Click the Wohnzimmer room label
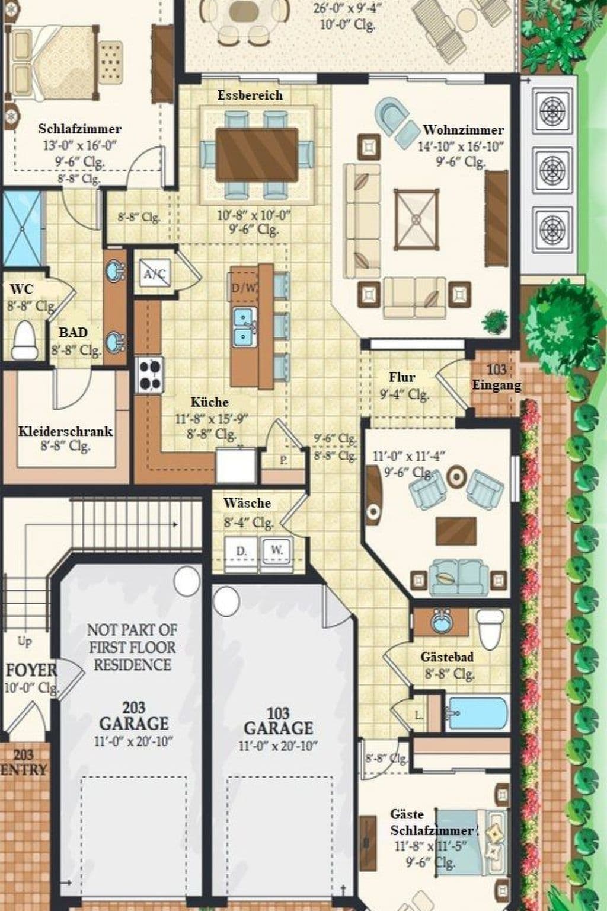463,130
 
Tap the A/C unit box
155,273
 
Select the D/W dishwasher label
244,289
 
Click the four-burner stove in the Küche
149,375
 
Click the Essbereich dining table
256,154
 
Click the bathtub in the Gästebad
477,712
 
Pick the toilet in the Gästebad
490,630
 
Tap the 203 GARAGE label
133,716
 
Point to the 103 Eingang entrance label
496,377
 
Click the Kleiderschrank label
65,431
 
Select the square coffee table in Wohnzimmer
416,219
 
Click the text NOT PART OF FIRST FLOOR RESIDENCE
132,646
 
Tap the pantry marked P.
283,460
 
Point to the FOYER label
31,671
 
